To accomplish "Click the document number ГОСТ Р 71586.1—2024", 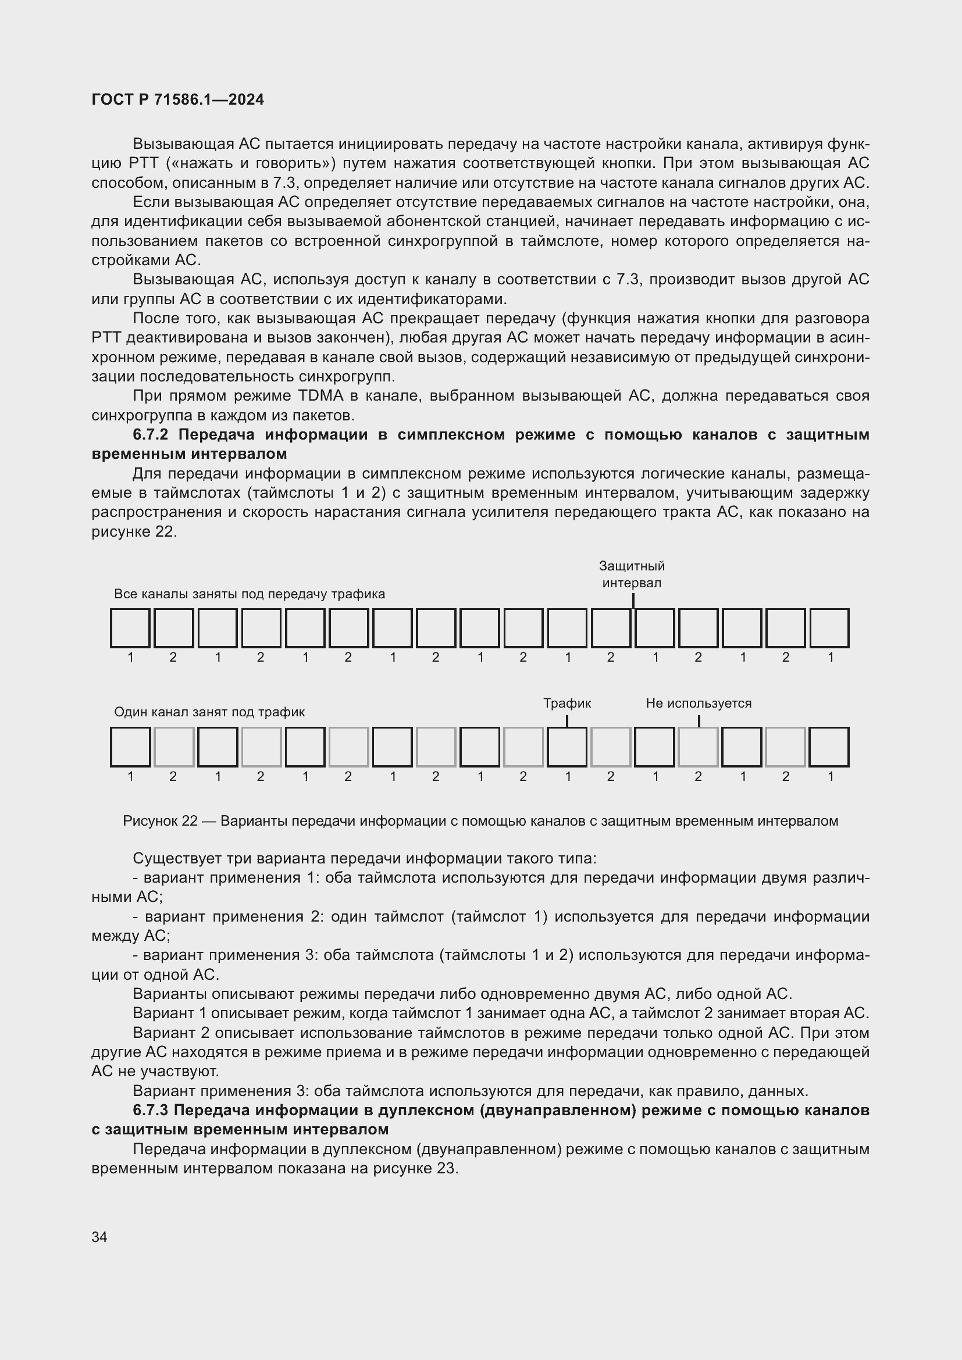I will coord(178,99).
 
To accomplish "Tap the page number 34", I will coord(99,1237).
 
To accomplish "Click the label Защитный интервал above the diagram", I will coord(632,574).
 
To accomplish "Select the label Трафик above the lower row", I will coord(567,703).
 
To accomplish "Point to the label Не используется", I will coord(699,703).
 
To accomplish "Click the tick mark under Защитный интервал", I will coord(633,601).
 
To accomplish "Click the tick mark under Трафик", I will coord(567,721).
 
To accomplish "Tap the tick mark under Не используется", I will coord(699,721).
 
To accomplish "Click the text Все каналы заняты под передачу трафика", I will coord(250,594).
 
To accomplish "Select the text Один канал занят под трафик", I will coord(209,712).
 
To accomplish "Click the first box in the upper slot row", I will coord(130,628).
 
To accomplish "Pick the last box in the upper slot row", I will coord(829,628).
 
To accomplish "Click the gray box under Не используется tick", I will coord(698,747).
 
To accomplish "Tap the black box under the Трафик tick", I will coord(567,747).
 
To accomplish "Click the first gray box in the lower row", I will coord(174,747).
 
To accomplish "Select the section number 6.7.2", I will coord(151,435).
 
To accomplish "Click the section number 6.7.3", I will coord(151,1110).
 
